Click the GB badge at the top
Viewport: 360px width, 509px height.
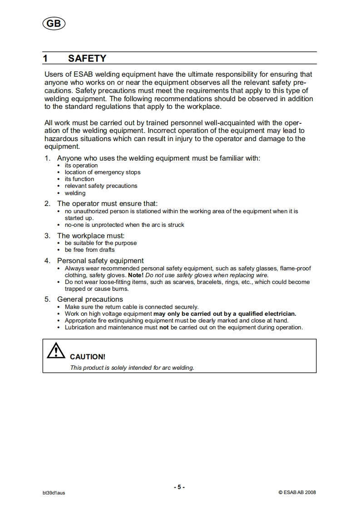[x=54, y=24]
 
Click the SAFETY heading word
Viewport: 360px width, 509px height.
[x=87, y=59]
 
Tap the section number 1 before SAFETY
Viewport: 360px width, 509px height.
[x=45, y=59]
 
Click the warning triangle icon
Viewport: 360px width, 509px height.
[x=56, y=351]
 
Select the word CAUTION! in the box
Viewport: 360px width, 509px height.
[x=88, y=357]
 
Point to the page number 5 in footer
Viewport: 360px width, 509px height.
[x=179, y=487]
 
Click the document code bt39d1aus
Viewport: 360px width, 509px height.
[x=54, y=493]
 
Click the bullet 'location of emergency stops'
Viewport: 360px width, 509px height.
[x=103, y=172]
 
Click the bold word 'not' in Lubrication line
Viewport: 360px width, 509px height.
[x=164, y=327]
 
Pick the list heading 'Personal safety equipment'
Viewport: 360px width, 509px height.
[x=100, y=261]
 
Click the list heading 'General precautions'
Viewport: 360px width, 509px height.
[x=90, y=299]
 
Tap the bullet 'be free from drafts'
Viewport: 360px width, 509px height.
[x=90, y=250]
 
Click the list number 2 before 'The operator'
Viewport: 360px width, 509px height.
[x=47, y=204]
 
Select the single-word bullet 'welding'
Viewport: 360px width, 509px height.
[x=75, y=193]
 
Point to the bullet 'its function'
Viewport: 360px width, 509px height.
[x=79, y=179]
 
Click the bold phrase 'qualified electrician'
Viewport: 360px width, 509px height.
[x=267, y=313]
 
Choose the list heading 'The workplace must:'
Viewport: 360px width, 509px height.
[x=91, y=236]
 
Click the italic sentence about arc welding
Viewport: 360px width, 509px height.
[x=132, y=367]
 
